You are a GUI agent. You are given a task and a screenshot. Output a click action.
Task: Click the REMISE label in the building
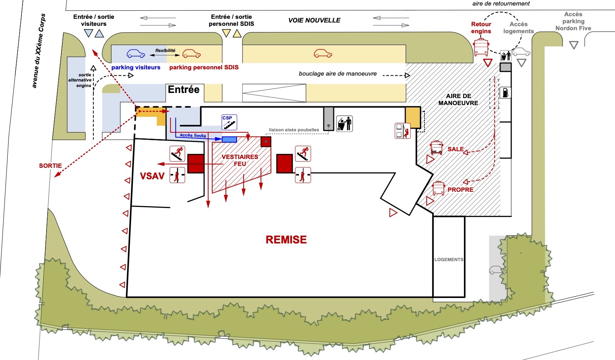coord(286,239)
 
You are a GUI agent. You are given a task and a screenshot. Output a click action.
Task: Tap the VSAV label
coord(152,176)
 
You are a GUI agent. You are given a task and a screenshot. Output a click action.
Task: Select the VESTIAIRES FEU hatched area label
coord(240,160)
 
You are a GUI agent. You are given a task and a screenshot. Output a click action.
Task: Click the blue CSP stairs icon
coord(229,122)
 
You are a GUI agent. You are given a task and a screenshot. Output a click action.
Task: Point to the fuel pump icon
coord(505,93)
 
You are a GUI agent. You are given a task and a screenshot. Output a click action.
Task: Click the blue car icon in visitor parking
coord(135,53)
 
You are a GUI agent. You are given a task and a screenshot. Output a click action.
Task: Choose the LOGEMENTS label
coord(449,259)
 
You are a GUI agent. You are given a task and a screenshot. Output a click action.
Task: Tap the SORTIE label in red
coord(50,166)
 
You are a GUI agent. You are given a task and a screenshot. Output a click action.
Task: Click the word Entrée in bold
coord(183,90)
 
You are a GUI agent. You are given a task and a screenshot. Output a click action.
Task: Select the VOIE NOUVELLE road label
coord(314,20)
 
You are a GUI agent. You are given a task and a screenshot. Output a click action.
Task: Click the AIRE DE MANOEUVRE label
coord(458,99)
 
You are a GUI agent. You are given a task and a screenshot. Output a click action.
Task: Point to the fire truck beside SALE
coord(436,148)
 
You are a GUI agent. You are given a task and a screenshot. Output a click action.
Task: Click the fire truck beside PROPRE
coord(439,188)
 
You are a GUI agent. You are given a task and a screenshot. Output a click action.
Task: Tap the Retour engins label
coord(481,28)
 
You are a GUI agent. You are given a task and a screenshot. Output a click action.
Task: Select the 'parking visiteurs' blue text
coord(135,67)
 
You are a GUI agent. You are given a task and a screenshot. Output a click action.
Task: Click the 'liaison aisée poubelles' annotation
coord(294,130)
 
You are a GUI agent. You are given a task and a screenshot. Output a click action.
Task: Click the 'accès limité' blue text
coord(193,135)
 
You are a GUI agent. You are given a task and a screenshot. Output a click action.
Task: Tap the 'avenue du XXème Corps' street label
coord(39,51)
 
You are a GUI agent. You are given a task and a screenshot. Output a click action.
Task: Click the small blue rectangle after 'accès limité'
coord(229,139)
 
